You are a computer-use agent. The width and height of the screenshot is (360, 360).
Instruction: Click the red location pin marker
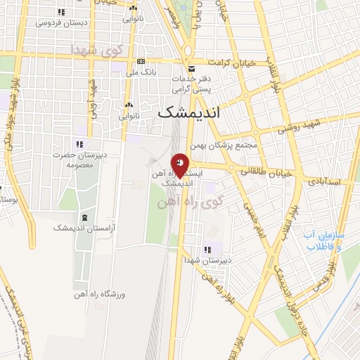tap(181, 164)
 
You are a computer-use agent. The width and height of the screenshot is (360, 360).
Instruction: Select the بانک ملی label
tap(141, 72)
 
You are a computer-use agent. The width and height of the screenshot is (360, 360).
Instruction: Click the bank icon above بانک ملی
tap(141, 61)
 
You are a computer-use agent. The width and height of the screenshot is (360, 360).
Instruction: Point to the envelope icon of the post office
tap(191, 67)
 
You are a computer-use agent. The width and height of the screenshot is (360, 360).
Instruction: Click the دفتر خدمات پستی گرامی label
tap(191, 84)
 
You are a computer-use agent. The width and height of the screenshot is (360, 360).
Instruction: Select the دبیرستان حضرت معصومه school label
tap(79, 160)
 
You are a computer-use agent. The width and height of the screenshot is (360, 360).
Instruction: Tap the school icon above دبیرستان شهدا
tap(207, 250)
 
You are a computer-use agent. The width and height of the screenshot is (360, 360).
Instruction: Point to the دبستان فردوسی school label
tap(62, 22)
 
